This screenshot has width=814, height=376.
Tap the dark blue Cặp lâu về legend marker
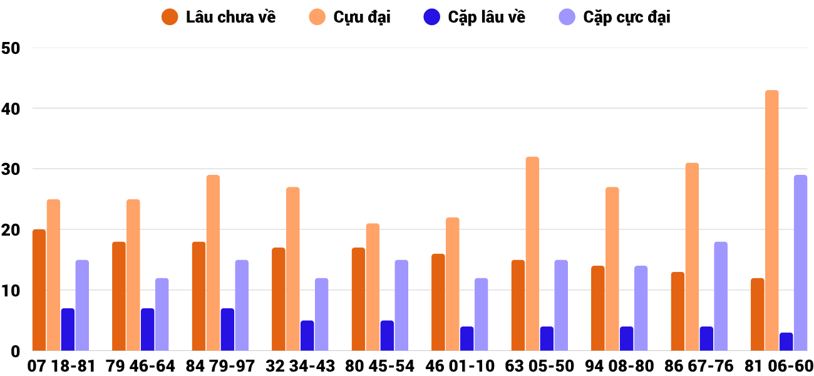[x=432, y=17]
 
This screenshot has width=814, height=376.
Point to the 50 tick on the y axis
[x=12, y=48]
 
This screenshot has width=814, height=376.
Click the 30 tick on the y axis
[x=12, y=169]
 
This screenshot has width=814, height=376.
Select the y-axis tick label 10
[x=12, y=291]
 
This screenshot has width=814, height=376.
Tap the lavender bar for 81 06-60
[x=800, y=263]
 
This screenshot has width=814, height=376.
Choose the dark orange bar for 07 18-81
[x=39, y=290]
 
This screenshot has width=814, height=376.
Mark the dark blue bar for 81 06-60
[x=786, y=342]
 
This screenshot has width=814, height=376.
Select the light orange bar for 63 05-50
[x=532, y=254]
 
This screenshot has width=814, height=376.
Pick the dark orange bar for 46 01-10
[x=438, y=302]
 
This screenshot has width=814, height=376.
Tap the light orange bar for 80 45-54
[x=373, y=287]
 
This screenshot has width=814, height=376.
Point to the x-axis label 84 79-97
[x=220, y=366]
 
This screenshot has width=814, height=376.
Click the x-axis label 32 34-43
[x=300, y=366]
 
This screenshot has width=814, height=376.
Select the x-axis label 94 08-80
[x=619, y=366]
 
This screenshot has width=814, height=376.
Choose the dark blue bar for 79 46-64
[x=147, y=330]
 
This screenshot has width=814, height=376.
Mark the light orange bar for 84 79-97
[x=213, y=263]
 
